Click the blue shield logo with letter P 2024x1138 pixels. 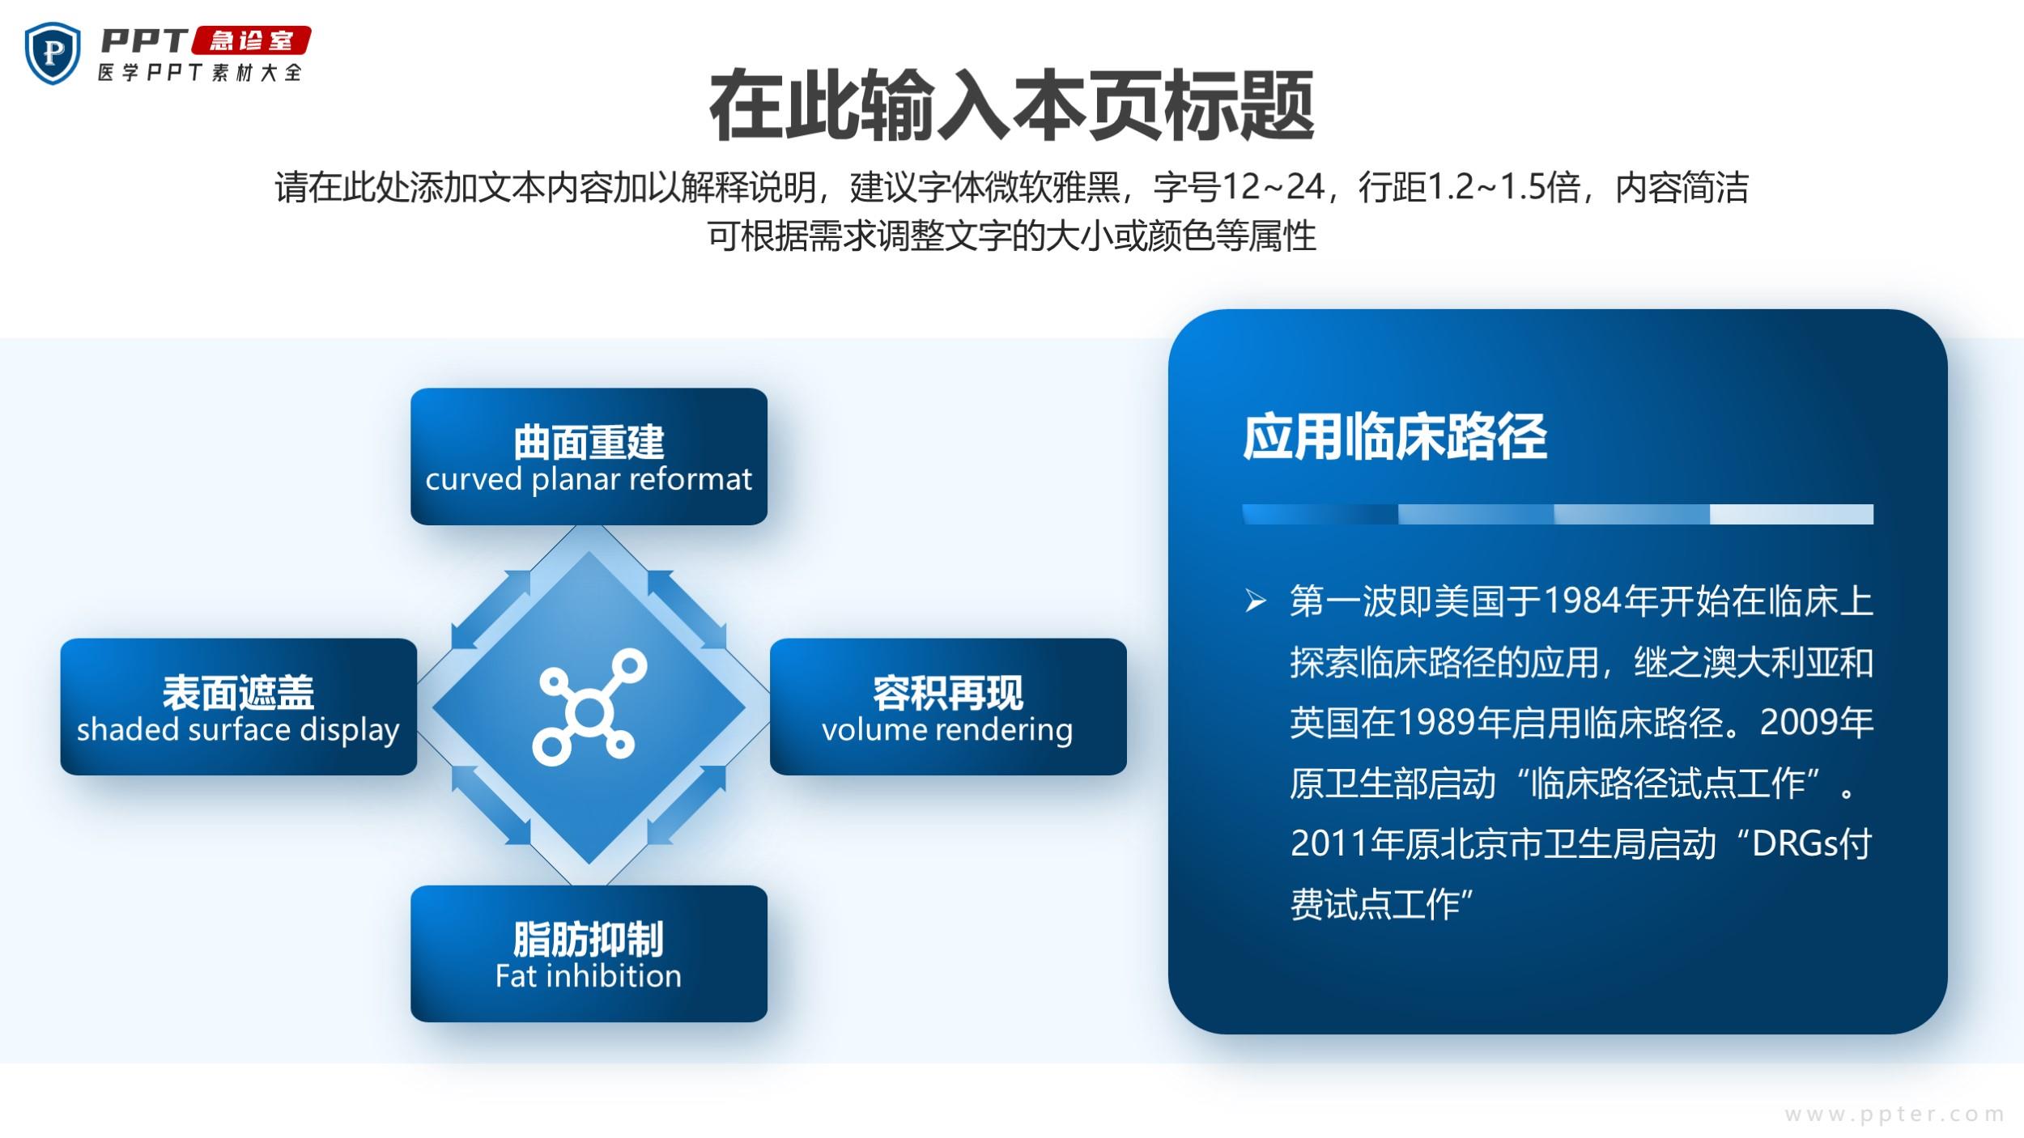click(x=53, y=53)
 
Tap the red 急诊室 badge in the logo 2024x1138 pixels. click(x=250, y=40)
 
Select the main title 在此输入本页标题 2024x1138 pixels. click(x=1011, y=106)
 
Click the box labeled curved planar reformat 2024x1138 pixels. click(x=589, y=456)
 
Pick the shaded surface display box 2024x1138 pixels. click(x=239, y=707)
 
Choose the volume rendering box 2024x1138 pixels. click(x=948, y=707)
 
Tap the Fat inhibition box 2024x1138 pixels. click(x=589, y=953)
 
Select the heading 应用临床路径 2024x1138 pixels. click(x=1394, y=437)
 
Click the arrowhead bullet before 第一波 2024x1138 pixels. click(x=1256, y=601)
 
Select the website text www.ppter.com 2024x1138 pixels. click(x=1894, y=1115)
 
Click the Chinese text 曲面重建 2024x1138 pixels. click(x=589, y=442)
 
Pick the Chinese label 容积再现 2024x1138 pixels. click(x=947, y=692)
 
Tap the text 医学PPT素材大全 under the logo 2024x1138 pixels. click(x=200, y=73)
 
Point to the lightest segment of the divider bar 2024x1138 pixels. click(x=1792, y=515)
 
